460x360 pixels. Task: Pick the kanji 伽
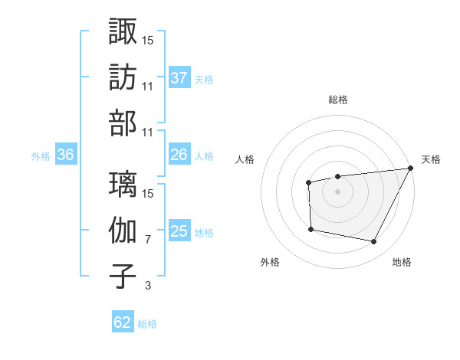pyautogui.click(x=123, y=230)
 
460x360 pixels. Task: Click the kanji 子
pyautogui.click(x=123, y=276)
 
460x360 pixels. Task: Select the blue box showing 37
pyautogui.click(x=179, y=77)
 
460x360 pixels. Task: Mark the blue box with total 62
pyautogui.click(x=123, y=322)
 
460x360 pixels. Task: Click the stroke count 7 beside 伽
pyautogui.click(x=147, y=240)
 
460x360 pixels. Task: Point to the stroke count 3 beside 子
pyautogui.click(x=147, y=286)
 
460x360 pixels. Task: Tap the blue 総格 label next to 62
pyautogui.click(x=147, y=324)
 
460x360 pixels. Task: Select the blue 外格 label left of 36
pyautogui.click(x=41, y=156)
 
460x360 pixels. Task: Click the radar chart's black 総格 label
pyautogui.click(x=337, y=100)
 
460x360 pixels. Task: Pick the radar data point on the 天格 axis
pyautogui.click(x=409, y=169)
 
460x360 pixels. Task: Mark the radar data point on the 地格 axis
pyautogui.click(x=374, y=242)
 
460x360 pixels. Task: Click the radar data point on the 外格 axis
pyautogui.click(x=310, y=229)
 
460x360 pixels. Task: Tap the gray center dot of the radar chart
pyautogui.click(x=337, y=191)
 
